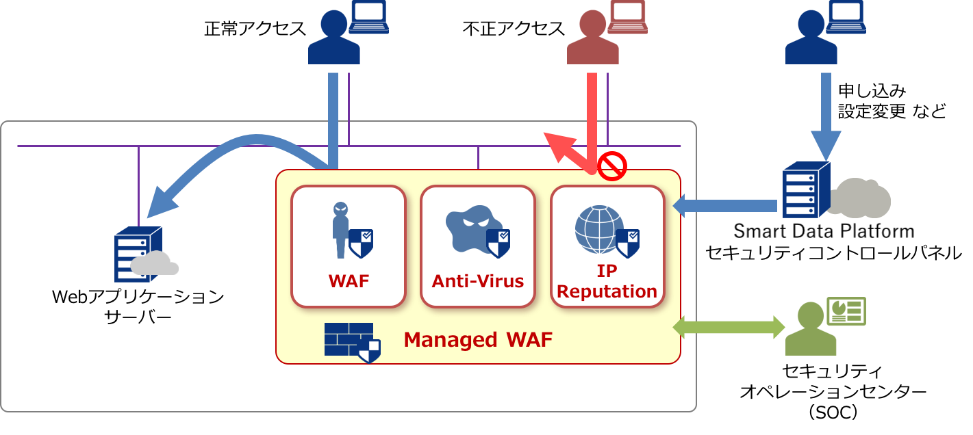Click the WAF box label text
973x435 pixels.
[349, 281]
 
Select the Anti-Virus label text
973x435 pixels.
[477, 281]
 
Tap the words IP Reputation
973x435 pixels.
[607, 281]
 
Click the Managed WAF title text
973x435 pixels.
[477, 339]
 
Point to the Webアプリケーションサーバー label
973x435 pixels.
[138, 307]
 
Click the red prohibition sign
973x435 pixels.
[611, 166]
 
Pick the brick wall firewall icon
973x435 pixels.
[349, 339]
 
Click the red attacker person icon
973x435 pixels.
[592, 39]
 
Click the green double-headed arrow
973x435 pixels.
[729, 326]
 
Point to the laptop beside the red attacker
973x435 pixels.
[627, 18]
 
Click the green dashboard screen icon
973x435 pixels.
[846, 311]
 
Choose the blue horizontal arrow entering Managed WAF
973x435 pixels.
[726, 205]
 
